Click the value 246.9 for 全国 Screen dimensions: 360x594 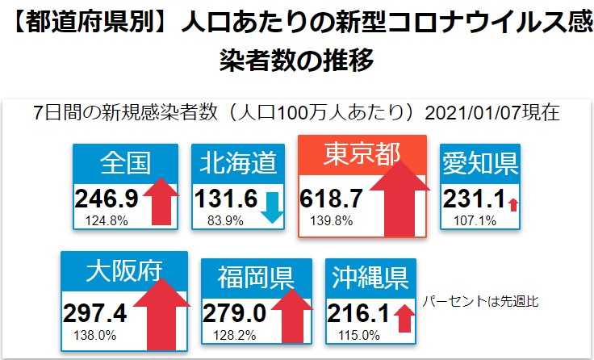point(107,198)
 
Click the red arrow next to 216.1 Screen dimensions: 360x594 point(403,317)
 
